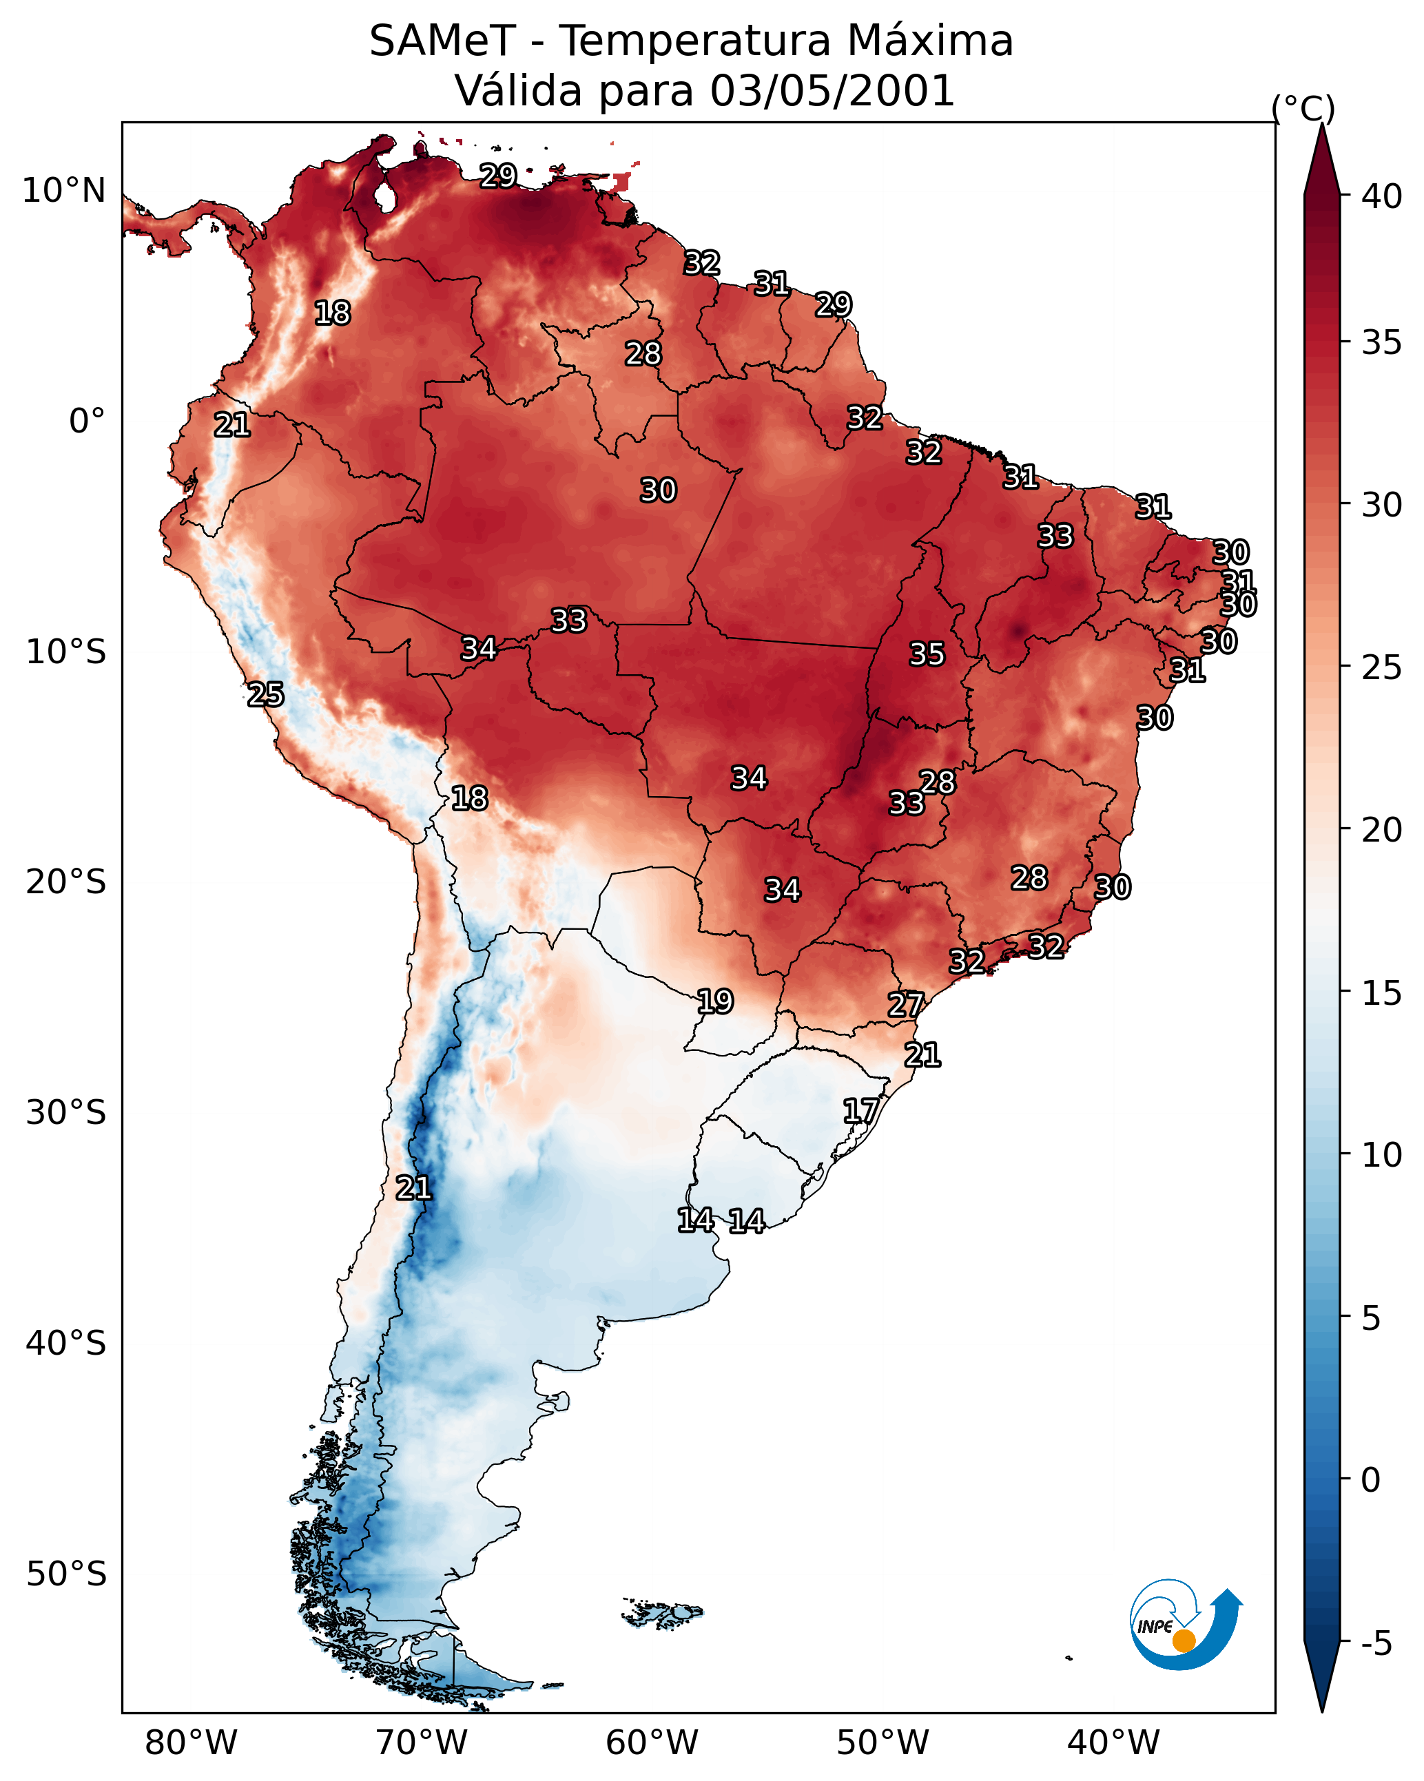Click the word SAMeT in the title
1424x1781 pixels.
tap(442, 41)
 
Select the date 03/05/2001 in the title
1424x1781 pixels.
tap(832, 91)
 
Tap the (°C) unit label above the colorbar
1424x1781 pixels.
tap(1303, 108)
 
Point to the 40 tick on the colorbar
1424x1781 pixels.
tap(1382, 196)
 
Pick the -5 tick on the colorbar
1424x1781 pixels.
tap(1376, 1644)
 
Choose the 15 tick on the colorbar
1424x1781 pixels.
tap(1382, 993)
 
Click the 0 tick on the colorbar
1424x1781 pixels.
tap(1370, 1480)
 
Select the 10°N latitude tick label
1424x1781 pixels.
tap(63, 191)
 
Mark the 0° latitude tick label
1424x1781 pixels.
tap(87, 421)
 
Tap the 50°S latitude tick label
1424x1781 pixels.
tap(66, 1574)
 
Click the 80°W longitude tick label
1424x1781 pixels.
tap(191, 1743)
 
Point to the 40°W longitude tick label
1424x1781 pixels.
tap(1113, 1743)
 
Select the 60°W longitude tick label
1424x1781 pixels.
tap(652, 1743)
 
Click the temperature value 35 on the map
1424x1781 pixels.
tap(927, 654)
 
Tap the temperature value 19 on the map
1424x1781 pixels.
tap(715, 1001)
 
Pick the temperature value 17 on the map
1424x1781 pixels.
tap(860, 1110)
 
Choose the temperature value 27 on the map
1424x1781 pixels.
tap(906, 1005)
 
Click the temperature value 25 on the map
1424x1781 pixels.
tap(265, 695)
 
